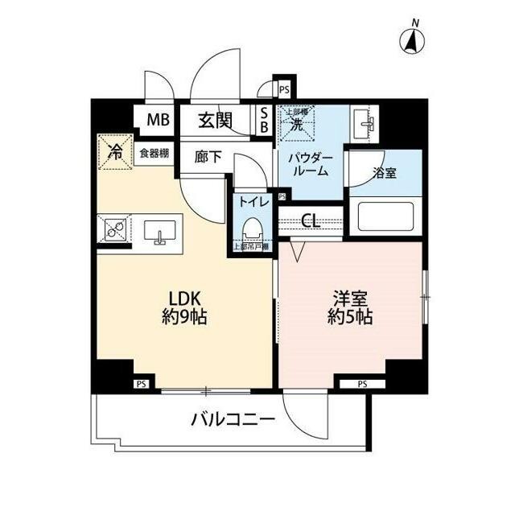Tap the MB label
pyautogui.click(x=158, y=122)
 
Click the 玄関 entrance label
pyautogui.click(x=215, y=122)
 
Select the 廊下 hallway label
pyautogui.click(x=208, y=157)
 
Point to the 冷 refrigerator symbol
pyautogui.click(x=115, y=150)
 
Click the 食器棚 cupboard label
pyautogui.click(x=152, y=153)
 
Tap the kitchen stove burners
pyautogui.click(x=112, y=230)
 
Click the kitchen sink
pyautogui.click(x=159, y=232)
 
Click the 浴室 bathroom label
pyautogui.click(x=384, y=171)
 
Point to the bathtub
pyautogui.click(x=385, y=216)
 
